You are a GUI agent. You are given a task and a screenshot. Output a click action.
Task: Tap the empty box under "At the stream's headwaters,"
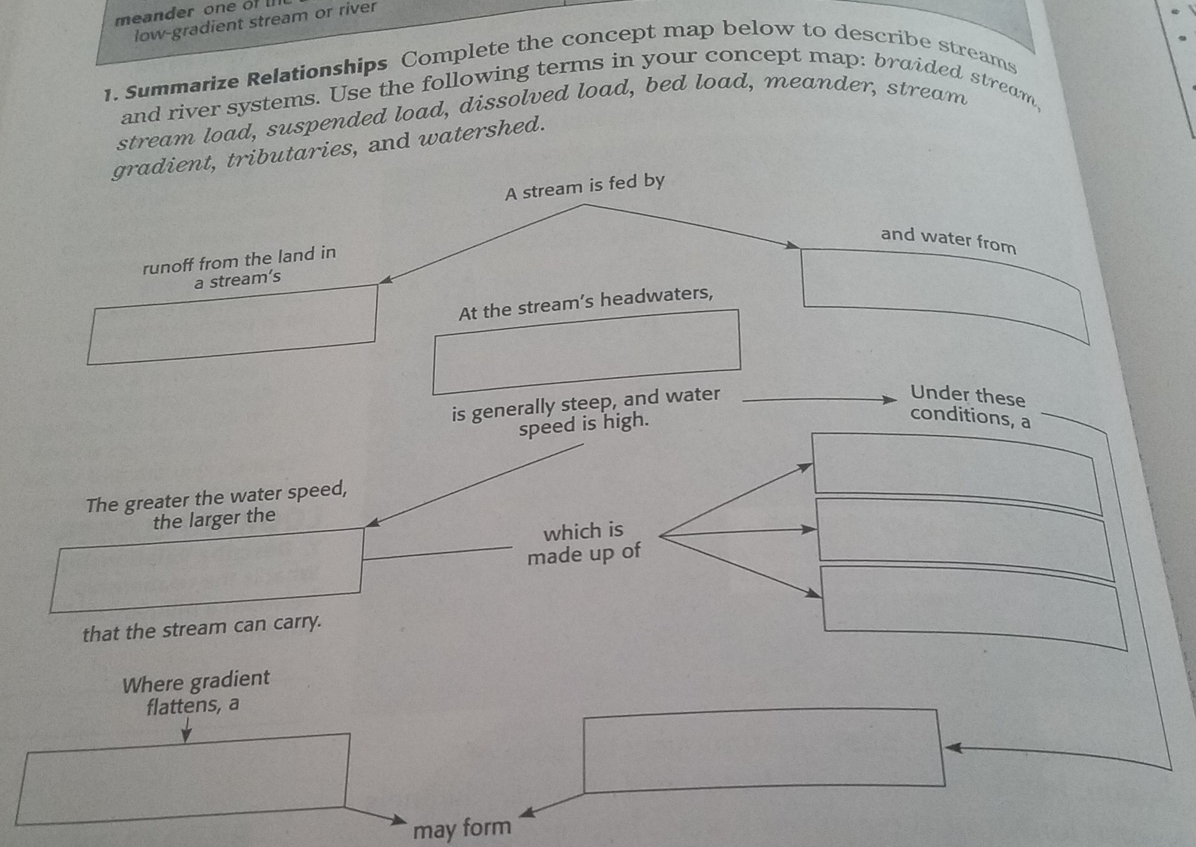(x=587, y=352)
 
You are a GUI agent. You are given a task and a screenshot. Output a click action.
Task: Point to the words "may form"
(x=461, y=828)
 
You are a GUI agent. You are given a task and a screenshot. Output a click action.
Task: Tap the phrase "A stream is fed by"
(x=584, y=187)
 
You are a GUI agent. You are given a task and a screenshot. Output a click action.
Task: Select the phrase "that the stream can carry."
(x=202, y=629)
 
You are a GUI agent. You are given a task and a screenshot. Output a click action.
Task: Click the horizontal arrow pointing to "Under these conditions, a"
(x=819, y=400)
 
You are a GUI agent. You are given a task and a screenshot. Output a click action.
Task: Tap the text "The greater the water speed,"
(x=216, y=497)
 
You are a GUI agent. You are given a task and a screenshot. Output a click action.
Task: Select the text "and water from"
(x=948, y=240)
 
